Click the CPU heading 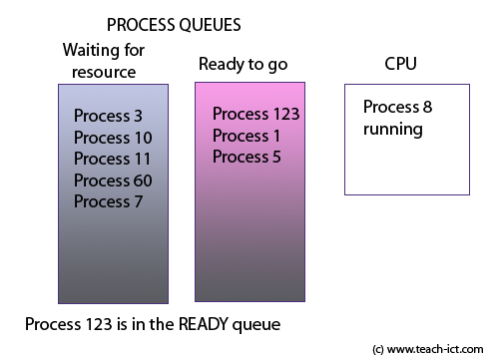point(401,65)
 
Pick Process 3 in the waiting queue point(109,115)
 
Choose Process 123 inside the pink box point(256,114)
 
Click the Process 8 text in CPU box point(398,108)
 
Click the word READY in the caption point(208,325)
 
